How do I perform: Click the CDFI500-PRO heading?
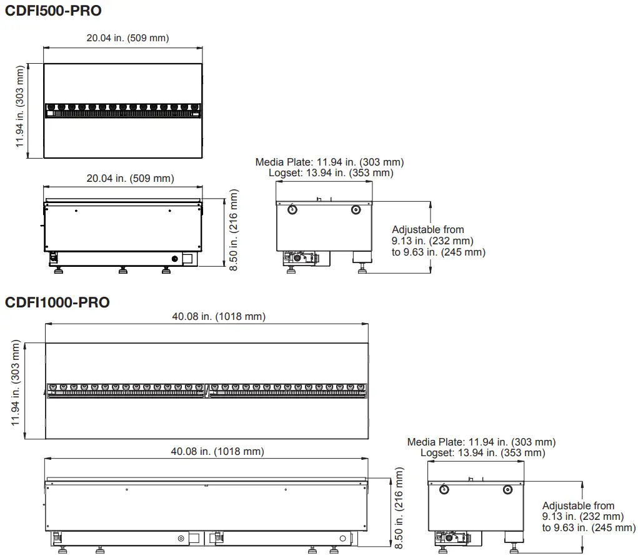(x=53, y=11)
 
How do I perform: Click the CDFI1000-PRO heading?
(x=57, y=302)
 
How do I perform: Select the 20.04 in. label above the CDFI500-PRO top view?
(x=127, y=38)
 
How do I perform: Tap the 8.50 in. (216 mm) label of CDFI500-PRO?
(x=234, y=231)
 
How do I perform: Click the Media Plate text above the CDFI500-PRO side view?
(x=329, y=162)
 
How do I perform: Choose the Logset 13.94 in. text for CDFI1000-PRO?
(x=482, y=452)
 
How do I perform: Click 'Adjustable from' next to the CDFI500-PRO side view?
(x=428, y=230)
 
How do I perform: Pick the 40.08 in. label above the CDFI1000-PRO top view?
(x=219, y=317)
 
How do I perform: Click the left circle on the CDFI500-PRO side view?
(x=292, y=209)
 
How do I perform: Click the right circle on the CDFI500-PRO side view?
(x=355, y=209)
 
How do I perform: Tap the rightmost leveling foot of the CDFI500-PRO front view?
(x=166, y=270)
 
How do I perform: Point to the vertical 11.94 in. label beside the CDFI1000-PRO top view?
(x=16, y=389)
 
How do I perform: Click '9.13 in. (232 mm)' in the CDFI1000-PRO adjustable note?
(x=583, y=517)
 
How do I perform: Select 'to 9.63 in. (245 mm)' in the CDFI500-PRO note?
(x=439, y=252)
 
